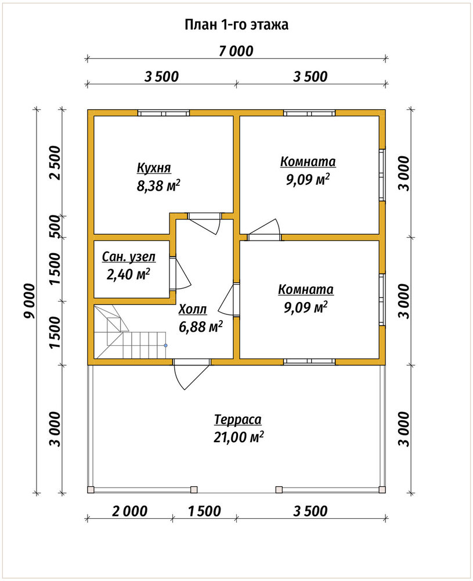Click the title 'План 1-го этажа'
pyautogui.click(x=236, y=25)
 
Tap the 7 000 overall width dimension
pyautogui.click(x=236, y=51)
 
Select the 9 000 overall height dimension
pyautogui.click(x=29, y=301)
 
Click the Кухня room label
pyautogui.click(x=154, y=168)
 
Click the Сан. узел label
pyautogui.click(x=129, y=257)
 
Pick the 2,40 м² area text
pyautogui.click(x=128, y=274)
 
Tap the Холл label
pyautogui.click(x=193, y=310)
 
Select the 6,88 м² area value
pyautogui.click(x=201, y=327)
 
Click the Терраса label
pyautogui.click(x=238, y=420)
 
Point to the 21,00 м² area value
pyautogui.click(x=239, y=437)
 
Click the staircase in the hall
pyautogui.click(x=130, y=332)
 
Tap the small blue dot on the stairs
pyautogui.click(x=166, y=345)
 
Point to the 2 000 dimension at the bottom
pyautogui.click(x=130, y=511)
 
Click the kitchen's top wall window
pyautogui.click(x=164, y=113)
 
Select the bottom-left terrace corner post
pyautogui.click(x=91, y=489)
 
